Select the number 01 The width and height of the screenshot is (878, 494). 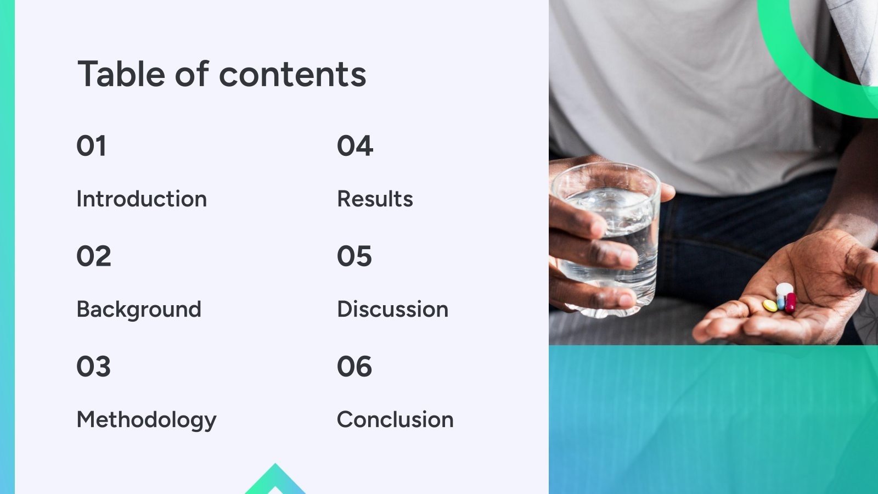tap(91, 146)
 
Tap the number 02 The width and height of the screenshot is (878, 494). tap(93, 256)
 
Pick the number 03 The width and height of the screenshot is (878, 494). tap(93, 367)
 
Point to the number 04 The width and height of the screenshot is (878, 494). tap(354, 146)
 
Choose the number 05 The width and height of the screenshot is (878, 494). tap(354, 256)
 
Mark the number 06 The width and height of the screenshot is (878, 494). tap(354, 367)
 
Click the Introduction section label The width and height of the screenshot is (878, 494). tap(142, 199)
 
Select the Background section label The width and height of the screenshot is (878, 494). tap(139, 309)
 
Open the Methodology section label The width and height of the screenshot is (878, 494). tap(147, 420)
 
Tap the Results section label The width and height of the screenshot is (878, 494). tap(375, 199)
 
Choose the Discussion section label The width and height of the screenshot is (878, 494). tap(392, 309)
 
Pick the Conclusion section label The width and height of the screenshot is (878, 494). tap(395, 420)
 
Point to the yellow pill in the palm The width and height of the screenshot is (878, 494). tap(770, 305)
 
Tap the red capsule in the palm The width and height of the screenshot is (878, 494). tap(790, 302)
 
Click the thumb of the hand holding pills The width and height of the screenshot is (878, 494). tap(862, 269)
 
